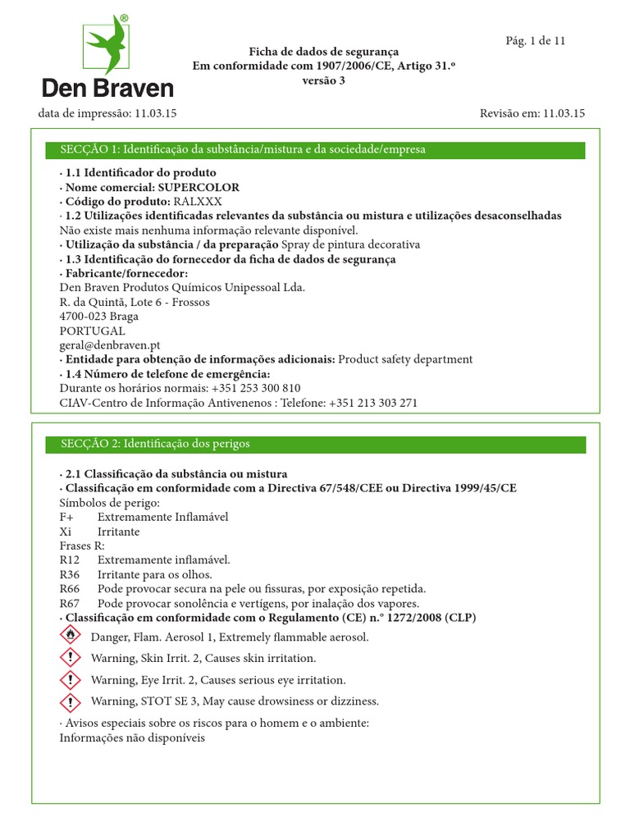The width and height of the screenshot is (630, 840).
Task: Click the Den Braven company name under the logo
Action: tap(107, 89)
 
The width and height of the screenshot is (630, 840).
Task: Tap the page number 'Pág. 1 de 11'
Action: tap(534, 41)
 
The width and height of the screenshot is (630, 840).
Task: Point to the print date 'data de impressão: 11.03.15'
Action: tap(107, 114)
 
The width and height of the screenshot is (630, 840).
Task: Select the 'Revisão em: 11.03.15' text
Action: tap(532, 114)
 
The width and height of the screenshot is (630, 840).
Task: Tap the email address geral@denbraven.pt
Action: tap(109, 345)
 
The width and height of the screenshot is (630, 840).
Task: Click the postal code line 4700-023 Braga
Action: tap(99, 317)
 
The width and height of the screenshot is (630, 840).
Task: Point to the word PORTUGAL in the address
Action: tap(92, 331)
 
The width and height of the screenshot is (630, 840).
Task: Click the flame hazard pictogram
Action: tap(72, 636)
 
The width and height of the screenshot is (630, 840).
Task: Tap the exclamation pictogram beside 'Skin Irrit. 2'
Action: tap(72, 658)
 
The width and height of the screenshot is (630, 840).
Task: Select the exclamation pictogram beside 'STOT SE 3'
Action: tap(72, 701)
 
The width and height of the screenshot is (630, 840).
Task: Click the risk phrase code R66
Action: tap(71, 588)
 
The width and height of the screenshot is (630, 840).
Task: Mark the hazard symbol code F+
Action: tap(67, 517)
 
